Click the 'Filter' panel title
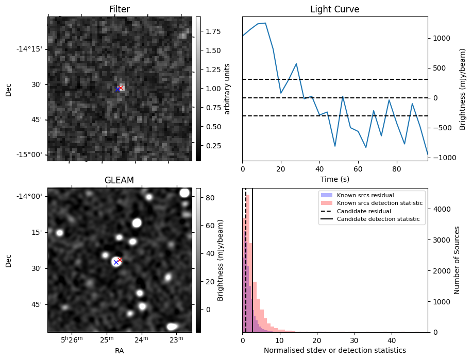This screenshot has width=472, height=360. [x=119, y=9]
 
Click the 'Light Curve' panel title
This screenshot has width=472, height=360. [x=334, y=9]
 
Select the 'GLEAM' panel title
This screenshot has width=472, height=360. [x=119, y=180]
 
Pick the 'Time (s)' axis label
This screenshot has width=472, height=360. [x=334, y=179]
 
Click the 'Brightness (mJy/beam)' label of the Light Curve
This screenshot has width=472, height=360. [x=463, y=89]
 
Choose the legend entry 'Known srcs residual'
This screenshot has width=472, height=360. [x=365, y=196]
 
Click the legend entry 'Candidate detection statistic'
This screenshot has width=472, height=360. [x=378, y=219]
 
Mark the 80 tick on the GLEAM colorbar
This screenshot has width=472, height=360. [x=210, y=197]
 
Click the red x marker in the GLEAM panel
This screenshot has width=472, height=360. [x=120, y=260]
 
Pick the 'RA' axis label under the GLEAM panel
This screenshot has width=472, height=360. [x=119, y=351]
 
